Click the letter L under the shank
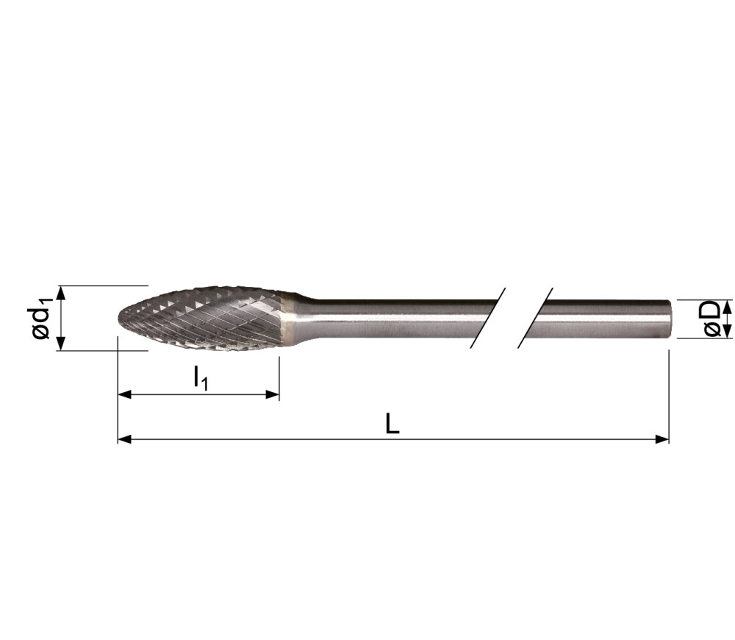(x=392, y=424)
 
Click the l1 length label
(x=201, y=379)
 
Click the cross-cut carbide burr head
(x=206, y=318)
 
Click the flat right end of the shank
(x=668, y=319)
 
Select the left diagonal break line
(x=488, y=318)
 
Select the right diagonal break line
(x=535, y=318)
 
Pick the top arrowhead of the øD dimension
(x=728, y=305)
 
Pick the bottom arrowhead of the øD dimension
(x=728, y=333)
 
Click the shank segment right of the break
(x=603, y=319)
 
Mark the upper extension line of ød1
(x=103, y=285)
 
